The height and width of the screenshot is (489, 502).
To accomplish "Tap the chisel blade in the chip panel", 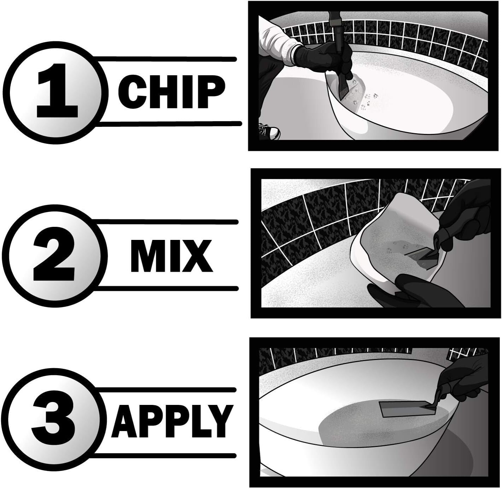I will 341,90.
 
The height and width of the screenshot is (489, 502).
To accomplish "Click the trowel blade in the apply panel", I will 403,409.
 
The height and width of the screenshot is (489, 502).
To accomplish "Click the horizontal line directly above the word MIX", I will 166,222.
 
